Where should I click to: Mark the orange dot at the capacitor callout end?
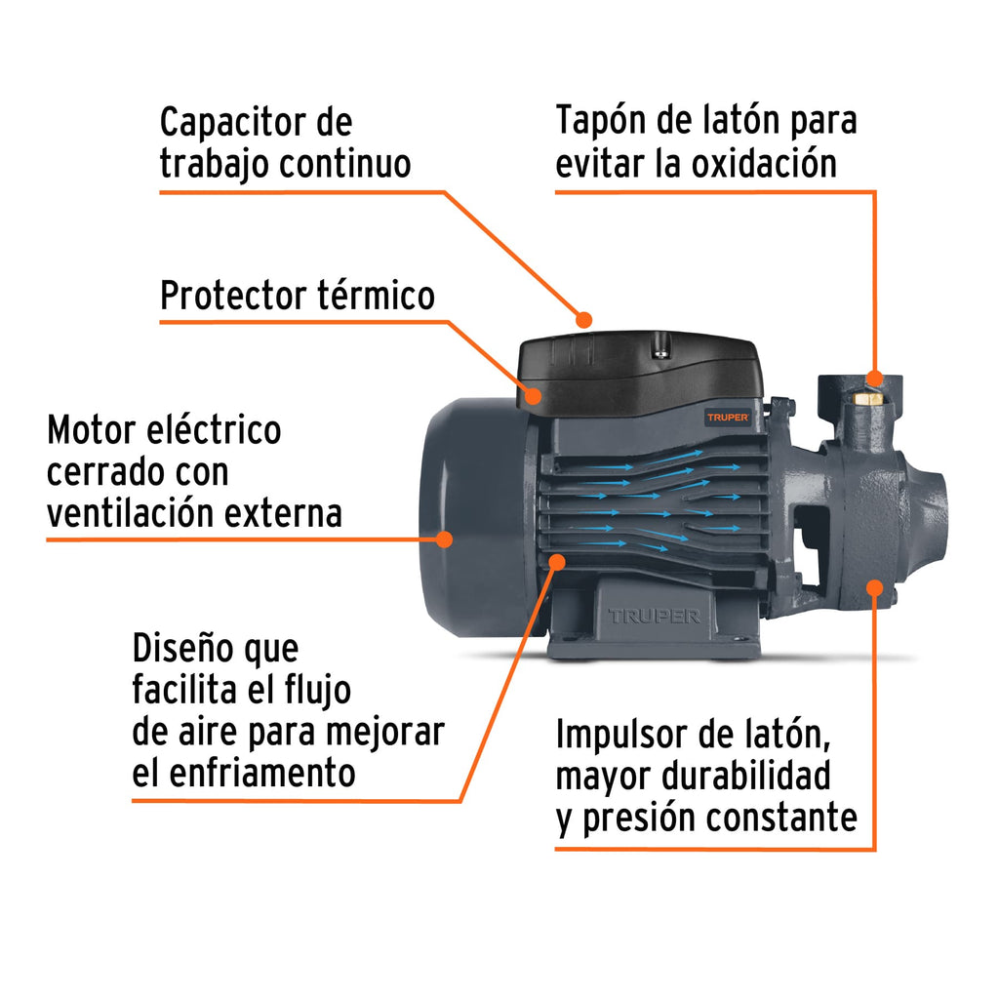click(584, 319)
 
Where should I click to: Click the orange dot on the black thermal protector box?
click(534, 395)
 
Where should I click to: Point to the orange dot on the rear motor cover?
click(445, 538)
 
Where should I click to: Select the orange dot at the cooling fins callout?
click(557, 561)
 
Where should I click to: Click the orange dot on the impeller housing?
click(874, 588)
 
